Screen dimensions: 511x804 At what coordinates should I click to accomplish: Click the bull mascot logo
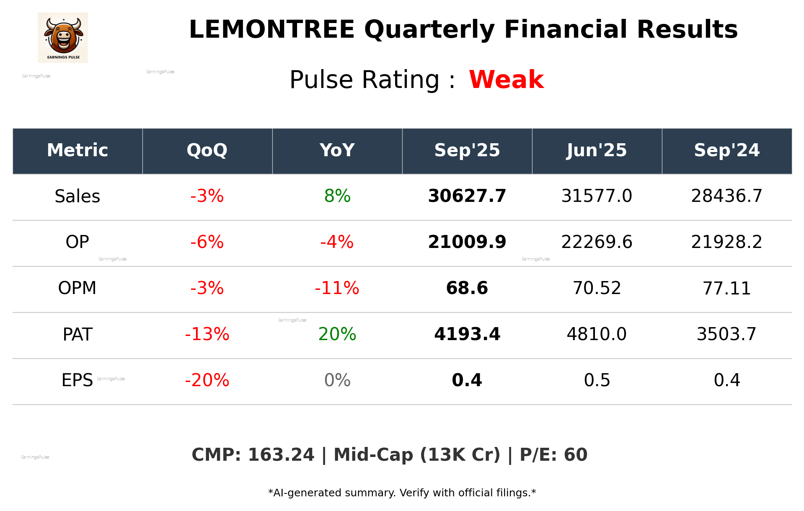(63, 37)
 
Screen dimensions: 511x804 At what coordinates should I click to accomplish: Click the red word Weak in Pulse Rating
(506, 80)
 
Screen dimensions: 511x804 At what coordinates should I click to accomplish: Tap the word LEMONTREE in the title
(272, 30)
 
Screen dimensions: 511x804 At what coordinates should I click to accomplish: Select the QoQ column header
(207, 150)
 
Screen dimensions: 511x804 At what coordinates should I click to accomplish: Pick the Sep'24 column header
(726, 150)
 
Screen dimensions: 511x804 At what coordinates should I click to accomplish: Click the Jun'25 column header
(597, 150)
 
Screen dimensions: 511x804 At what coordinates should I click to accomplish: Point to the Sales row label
(78, 196)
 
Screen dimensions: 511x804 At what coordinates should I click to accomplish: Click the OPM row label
(78, 288)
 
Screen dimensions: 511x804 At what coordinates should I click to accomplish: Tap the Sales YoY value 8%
(337, 196)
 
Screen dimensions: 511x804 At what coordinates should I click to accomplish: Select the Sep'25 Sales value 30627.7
(467, 196)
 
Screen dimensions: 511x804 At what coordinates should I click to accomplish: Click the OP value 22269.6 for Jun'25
(597, 242)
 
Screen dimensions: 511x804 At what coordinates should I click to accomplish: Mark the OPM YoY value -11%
(337, 288)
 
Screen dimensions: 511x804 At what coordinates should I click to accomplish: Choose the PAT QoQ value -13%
(207, 334)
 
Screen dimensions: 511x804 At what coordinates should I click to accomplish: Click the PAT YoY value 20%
(337, 334)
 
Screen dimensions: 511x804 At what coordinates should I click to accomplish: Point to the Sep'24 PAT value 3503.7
(726, 334)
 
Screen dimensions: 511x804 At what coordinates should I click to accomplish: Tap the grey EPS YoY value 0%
(337, 380)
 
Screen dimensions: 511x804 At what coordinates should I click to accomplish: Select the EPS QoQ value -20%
(207, 380)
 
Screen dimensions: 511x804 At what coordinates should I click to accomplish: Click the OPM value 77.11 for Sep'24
(726, 288)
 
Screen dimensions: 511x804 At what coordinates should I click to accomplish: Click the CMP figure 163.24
(281, 455)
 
